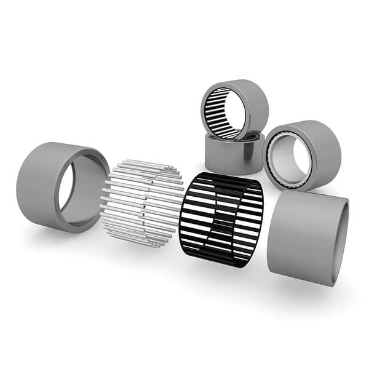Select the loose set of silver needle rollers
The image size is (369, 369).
click(x=143, y=203)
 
